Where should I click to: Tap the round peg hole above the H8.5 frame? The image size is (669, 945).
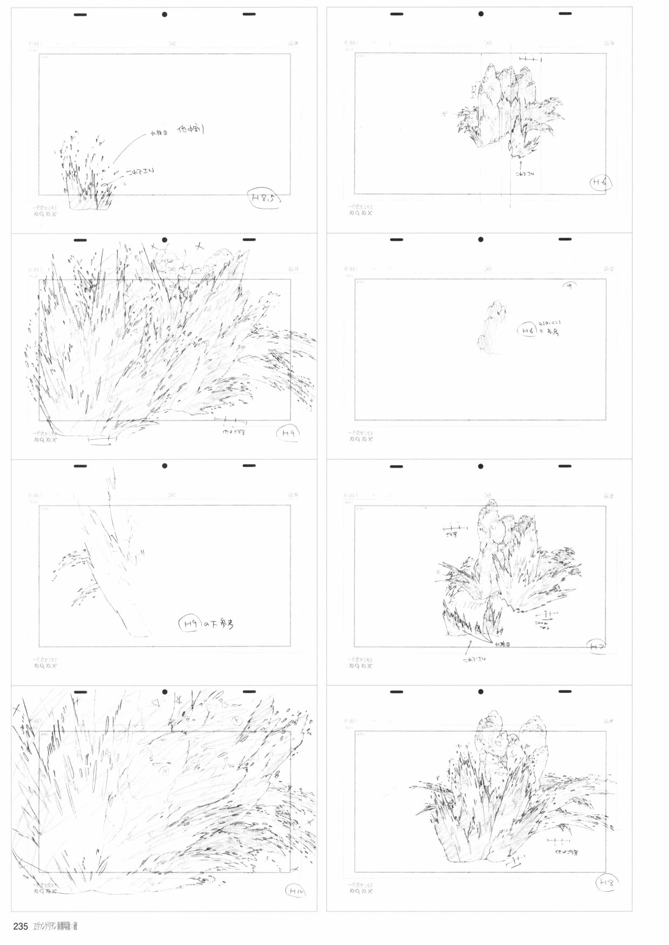165,15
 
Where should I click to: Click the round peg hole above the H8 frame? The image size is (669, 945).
480,692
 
